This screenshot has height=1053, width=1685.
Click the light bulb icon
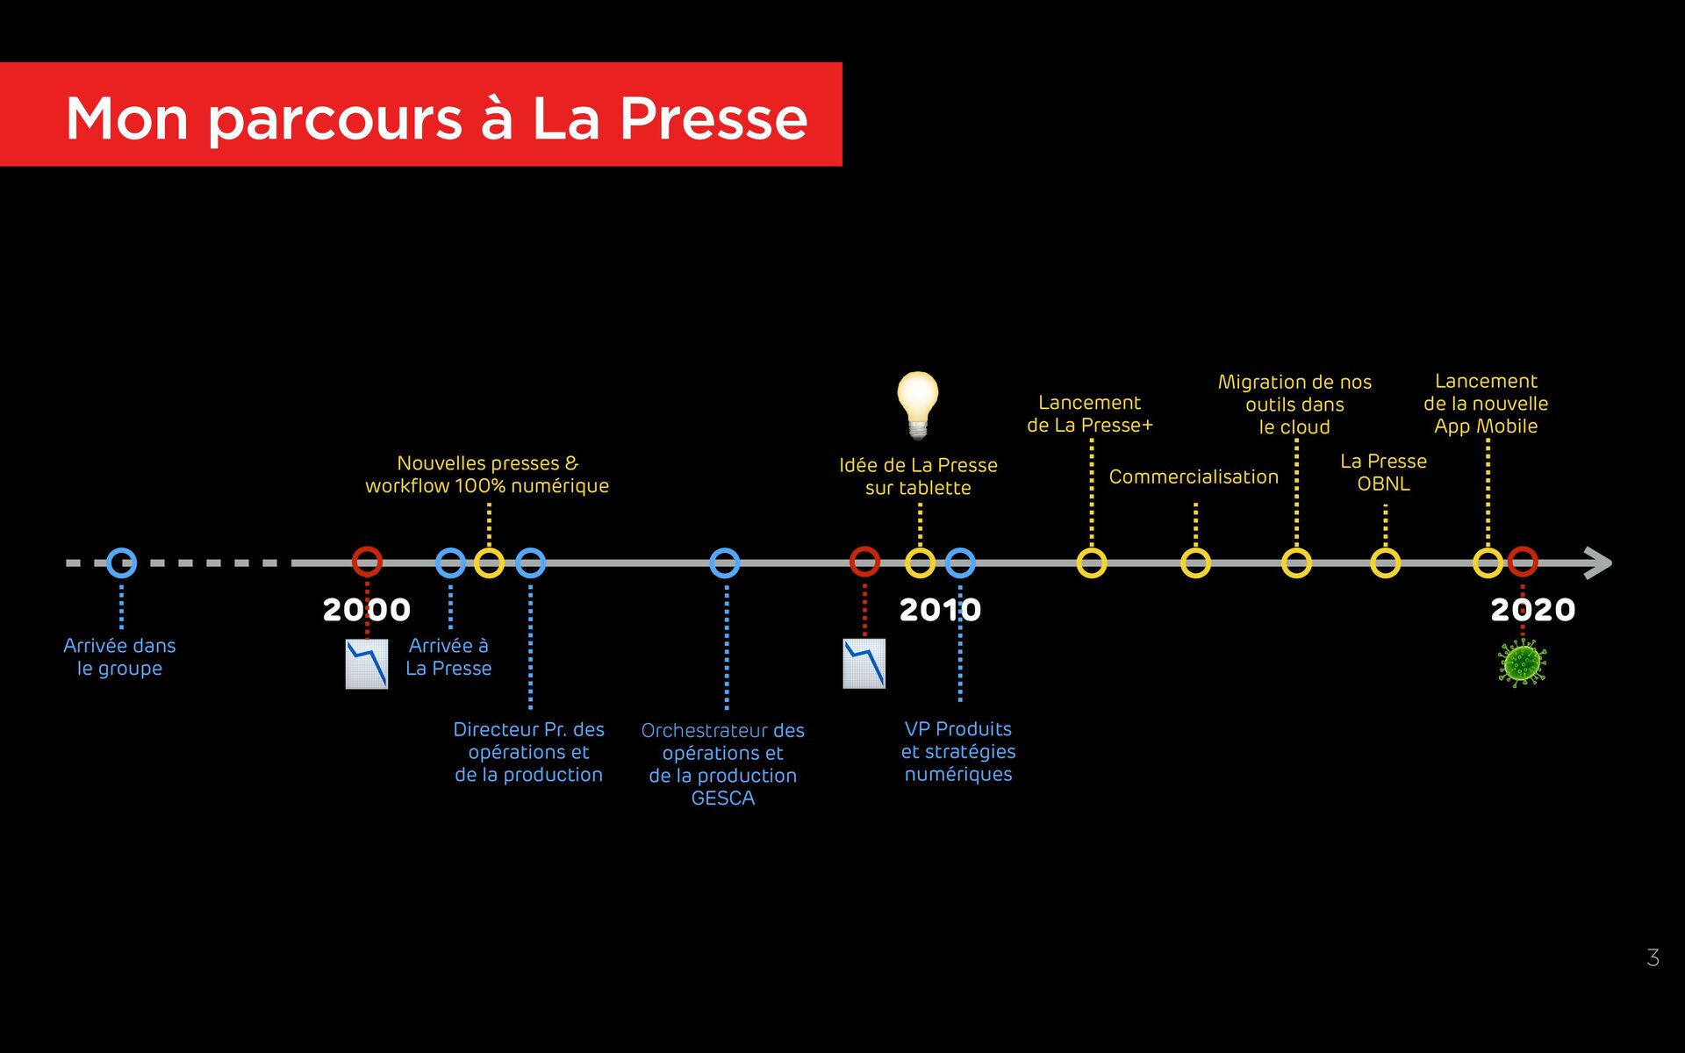(918, 403)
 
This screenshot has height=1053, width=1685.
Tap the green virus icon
(1522, 663)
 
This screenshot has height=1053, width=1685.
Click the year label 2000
(366, 610)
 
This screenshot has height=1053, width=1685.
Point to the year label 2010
(940, 610)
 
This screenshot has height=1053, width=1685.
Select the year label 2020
(1532, 610)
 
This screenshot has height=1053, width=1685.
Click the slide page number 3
(1653, 957)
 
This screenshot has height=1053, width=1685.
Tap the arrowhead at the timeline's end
(1598, 562)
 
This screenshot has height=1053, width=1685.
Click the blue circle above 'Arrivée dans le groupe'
(121, 562)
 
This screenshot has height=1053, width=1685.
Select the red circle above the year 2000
(367, 562)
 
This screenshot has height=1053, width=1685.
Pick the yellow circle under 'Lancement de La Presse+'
(1091, 562)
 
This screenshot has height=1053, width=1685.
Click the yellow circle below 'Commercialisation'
(1195, 562)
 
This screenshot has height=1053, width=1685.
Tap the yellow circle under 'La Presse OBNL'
(1385, 562)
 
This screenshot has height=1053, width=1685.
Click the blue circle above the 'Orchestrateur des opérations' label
(724, 562)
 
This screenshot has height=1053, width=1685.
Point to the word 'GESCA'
(722, 799)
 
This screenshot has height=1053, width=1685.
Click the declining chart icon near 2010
(864, 663)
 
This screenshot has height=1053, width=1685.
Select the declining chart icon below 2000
(367, 664)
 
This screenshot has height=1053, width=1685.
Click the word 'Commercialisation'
(1194, 476)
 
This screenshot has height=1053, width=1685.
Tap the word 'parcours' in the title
(334, 118)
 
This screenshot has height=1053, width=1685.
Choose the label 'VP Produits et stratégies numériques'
(958, 751)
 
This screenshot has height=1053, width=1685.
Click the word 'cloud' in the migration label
(1306, 427)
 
